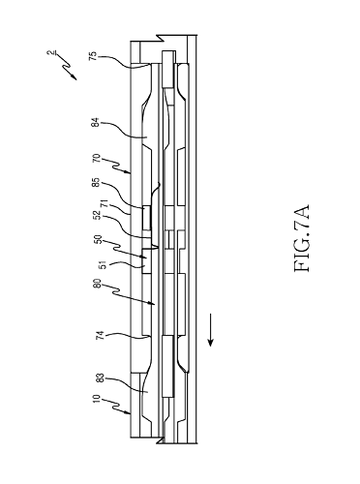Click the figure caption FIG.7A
coord(302,238)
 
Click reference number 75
coord(93,56)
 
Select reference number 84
coord(96,124)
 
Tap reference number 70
coord(97,159)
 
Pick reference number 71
coord(105,204)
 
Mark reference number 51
coord(105,265)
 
